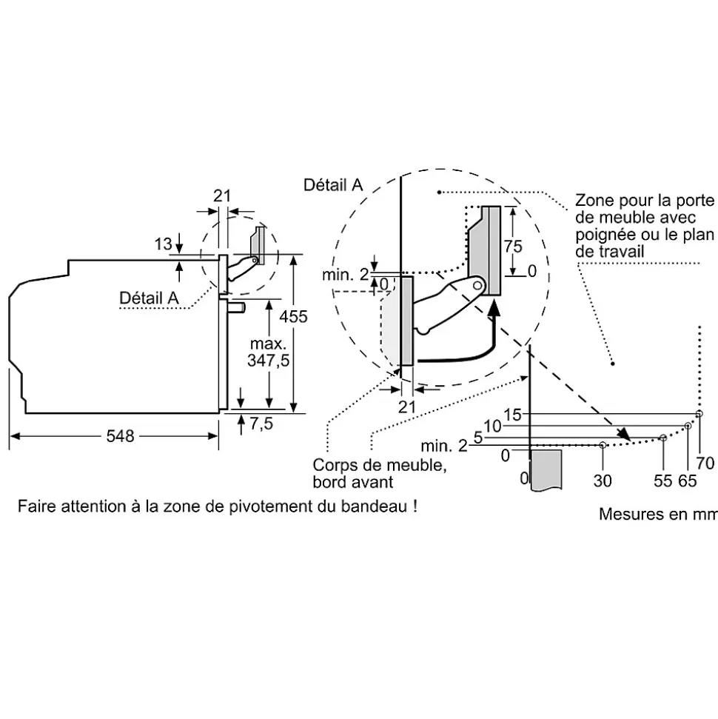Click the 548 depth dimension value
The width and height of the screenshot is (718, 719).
120,436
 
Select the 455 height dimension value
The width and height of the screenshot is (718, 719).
293,316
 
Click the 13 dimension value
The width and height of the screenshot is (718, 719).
163,244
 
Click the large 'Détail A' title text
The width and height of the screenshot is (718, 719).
333,185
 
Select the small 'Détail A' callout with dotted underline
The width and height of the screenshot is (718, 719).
150,297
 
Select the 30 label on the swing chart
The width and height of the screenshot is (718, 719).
603,481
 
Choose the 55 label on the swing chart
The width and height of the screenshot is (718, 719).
662,481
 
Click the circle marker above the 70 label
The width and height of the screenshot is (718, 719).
699,414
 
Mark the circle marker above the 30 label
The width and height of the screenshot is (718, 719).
603,445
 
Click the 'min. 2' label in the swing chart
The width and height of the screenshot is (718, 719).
444,446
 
